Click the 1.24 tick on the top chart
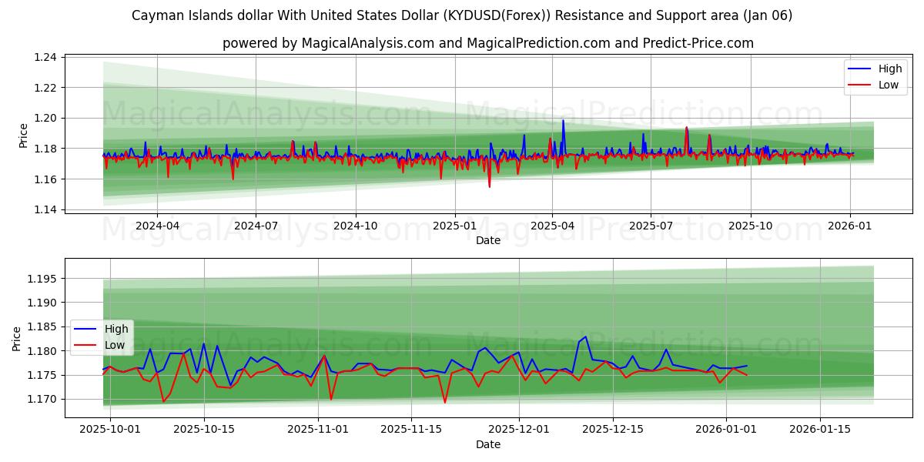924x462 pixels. coord(45,58)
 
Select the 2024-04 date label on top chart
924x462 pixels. coord(157,226)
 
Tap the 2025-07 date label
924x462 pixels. coord(651,226)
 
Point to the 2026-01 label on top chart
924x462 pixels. coord(849,226)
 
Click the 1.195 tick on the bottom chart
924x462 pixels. coord(42,279)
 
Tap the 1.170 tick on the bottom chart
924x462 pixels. coord(42,399)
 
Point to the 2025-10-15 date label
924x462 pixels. coord(204,429)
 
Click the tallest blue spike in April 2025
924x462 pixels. coord(563,120)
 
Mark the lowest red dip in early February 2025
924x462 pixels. coord(489,186)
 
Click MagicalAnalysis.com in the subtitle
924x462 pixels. coord(368,43)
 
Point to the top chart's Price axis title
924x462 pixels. coord(24,136)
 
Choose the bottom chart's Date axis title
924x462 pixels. coord(488,444)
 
